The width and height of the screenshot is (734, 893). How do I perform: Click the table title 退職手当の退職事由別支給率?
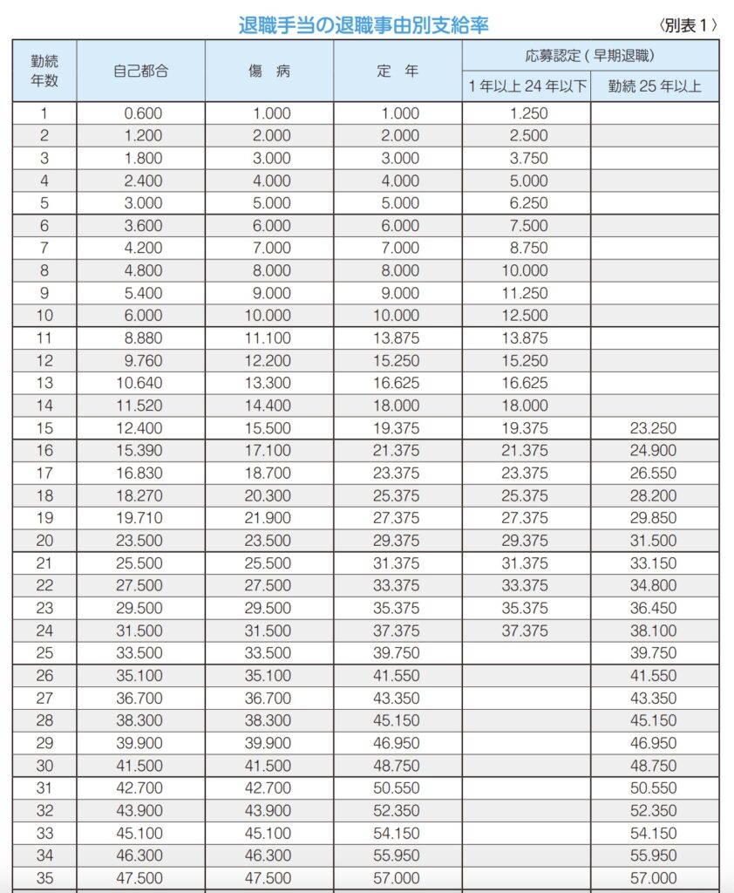pyautogui.click(x=364, y=25)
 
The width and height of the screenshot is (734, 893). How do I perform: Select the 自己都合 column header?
pyautogui.click(x=140, y=71)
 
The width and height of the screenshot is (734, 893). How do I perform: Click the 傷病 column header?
pyautogui.click(x=268, y=71)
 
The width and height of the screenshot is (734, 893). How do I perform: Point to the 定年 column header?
pyautogui.click(x=398, y=71)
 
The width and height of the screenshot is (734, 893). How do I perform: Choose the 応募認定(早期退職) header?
pyautogui.click(x=590, y=56)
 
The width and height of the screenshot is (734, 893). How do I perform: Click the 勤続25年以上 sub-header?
pyautogui.click(x=655, y=86)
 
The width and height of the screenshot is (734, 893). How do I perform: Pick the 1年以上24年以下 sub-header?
pyautogui.click(x=527, y=86)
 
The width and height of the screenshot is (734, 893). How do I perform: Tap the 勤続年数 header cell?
pyautogui.click(x=44, y=71)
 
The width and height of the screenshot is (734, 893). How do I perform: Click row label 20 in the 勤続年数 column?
pyautogui.click(x=44, y=541)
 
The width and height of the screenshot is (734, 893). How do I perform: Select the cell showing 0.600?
pyautogui.click(x=140, y=113)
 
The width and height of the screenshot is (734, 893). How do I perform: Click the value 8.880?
pyautogui.click(x=140, y=338)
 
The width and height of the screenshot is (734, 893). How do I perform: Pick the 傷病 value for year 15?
pyautogui.click(x=268, y=428)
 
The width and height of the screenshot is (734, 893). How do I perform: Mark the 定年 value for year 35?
pyautogui.click(x=398, y=878)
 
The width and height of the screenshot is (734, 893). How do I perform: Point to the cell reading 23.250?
pyautogui.click(x=654, y=428)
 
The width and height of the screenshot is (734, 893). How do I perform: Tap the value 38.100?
pyautogui.click(x=654, y=631)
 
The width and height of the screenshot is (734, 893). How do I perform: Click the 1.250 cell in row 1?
pyautogui.click(x=527, y=113)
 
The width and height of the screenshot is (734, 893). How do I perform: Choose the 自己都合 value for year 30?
pyautogui.click(x=140, y=766)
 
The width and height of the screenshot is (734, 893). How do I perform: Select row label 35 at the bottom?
pyautogui.click(x=44, y=878)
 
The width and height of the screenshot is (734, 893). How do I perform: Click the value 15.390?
pyautogui.click(x=140, y=451)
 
